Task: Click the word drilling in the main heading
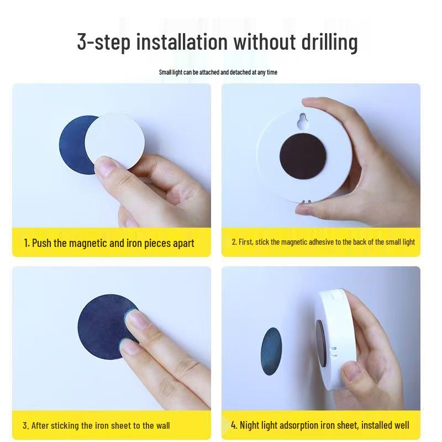[x=329, y=43]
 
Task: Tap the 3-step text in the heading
[x=104, y=42]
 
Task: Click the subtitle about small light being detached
[x=218, y=72]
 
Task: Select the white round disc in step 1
[x=115, y=141]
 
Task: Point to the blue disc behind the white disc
[x=74, y=145]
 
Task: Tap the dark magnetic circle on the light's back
[x=303, y=156]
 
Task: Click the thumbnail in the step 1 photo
[x=106, y=167]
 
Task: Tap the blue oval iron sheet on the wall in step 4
[x=271, y=351]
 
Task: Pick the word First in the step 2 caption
[x=246, y=242]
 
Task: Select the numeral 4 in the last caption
[x=234, y=425]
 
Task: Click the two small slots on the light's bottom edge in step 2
[x=307, y=202]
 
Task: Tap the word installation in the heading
[x=182, y=42]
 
